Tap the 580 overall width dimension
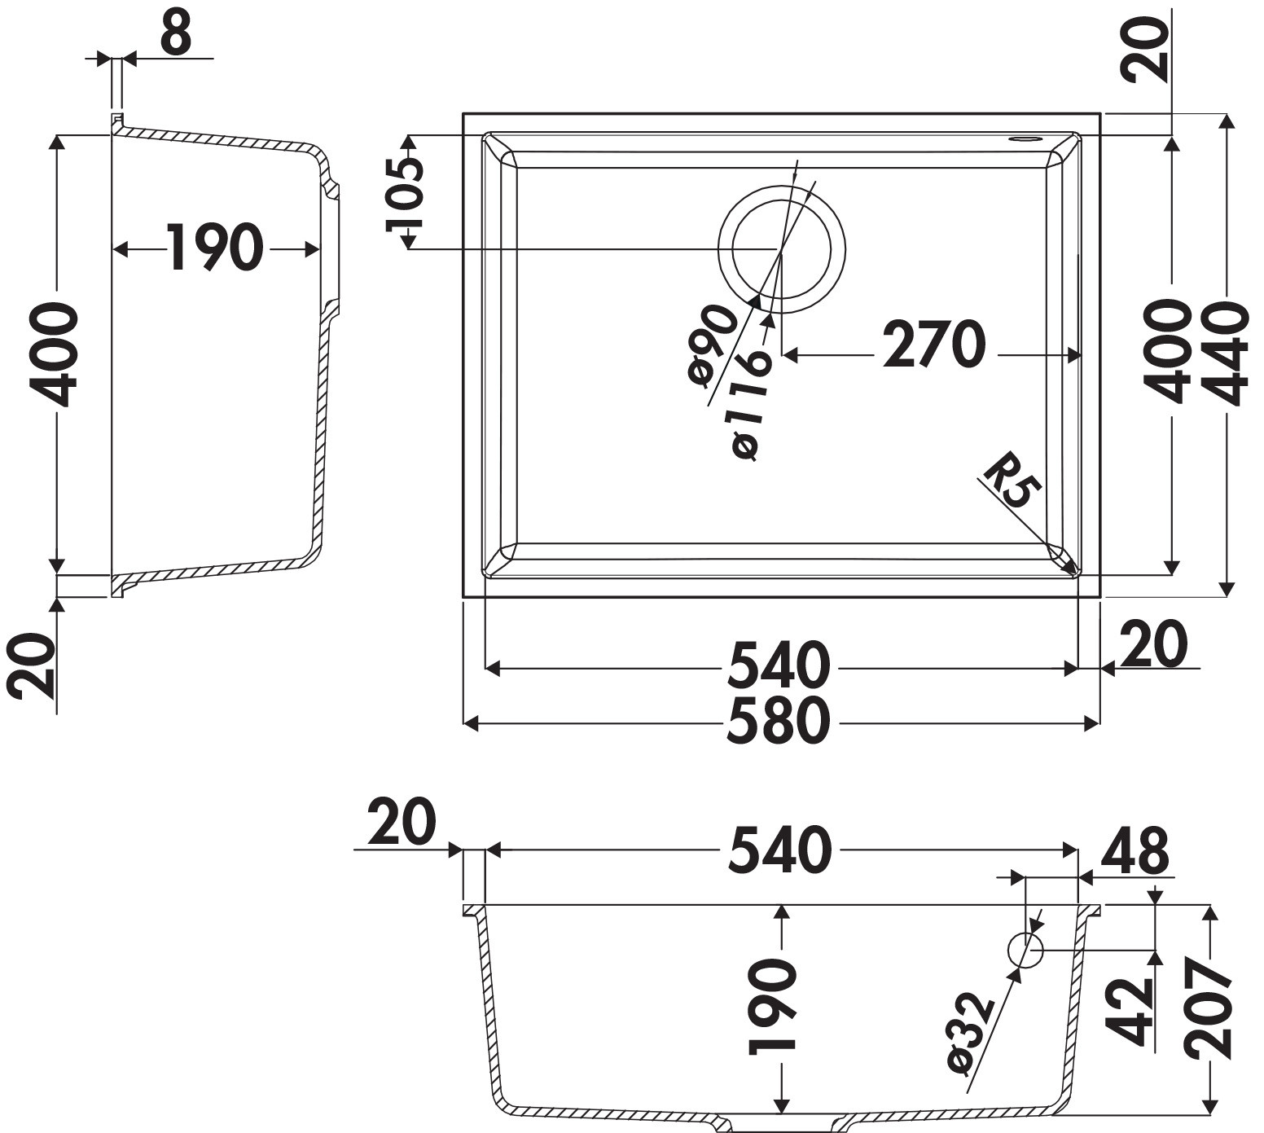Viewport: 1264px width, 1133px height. pos(778,722)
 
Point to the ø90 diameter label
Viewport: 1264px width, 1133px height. pos(712,345)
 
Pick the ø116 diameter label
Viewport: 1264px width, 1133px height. pos(750,406)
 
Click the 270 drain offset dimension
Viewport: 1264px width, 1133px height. pos(933,345)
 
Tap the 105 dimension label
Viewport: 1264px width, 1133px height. pos(406,193)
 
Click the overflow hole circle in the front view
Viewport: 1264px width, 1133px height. pos(1025,951)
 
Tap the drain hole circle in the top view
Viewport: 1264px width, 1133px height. pos(782,248)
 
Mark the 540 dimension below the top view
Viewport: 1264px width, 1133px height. pos(778,665)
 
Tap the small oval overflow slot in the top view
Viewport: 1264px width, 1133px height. pos(1025,139)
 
